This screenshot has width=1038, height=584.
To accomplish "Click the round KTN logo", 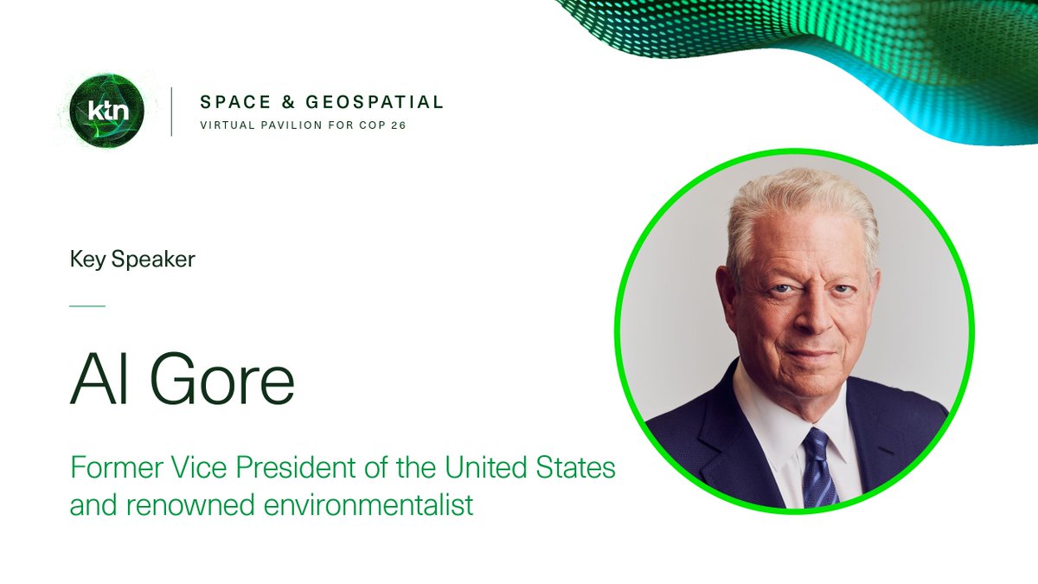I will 107,111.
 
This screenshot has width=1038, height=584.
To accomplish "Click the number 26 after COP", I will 397,125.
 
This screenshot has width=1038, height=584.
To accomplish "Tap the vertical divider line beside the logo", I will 171,111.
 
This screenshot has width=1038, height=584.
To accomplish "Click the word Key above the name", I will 87,260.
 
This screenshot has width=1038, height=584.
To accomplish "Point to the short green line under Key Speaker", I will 86,305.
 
